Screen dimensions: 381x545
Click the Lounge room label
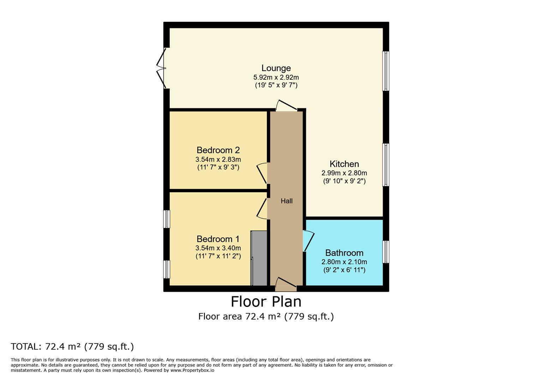click(x=276, y=68)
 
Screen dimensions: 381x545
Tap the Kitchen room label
click(x=344, y=164)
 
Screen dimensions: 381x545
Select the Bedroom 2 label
click(x=218, y=150)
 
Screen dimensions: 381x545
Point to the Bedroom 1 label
click(x=218, y=239)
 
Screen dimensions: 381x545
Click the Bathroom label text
click(x=344, y=253)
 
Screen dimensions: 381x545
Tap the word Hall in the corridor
click(x=287, y=201)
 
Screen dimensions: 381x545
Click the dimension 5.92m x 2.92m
click(x=276, y=77)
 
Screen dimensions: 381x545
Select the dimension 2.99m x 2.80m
click(x=344, y=173)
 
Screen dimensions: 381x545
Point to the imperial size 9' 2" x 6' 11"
click(x=344, y=270)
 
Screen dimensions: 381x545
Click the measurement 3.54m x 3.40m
click(x=218, y=248)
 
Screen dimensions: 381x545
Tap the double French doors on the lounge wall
click(x=162, y=68)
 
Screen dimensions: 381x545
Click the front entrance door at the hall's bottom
click(x=286, y=284)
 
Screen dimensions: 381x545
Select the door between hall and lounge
click(x=287, y=106)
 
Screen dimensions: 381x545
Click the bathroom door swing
click(x=309, y=241)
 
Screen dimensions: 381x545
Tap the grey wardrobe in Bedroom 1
click(x=259, y=258)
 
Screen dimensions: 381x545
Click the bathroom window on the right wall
click(x=386, y=252)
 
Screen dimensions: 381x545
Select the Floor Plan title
click(x=266, y=302)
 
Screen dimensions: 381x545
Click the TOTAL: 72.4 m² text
click(x=72, y=347)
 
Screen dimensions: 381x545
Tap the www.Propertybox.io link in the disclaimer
click(x=192, y=370)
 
